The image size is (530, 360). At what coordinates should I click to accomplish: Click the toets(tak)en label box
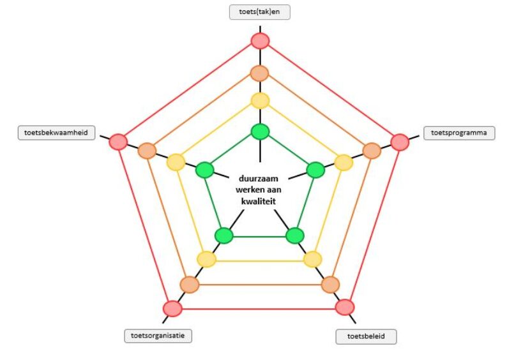[260, 13]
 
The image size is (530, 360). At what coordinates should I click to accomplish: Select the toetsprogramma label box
[459, 133]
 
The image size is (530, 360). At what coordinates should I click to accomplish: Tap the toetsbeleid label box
[366, 336]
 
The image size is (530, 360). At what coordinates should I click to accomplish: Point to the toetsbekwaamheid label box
[57, 133]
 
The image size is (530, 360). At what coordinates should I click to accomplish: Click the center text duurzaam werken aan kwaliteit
[260, 190]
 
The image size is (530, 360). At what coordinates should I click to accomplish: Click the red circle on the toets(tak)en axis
[260, 41]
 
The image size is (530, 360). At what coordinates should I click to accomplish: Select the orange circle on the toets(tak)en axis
[260, 73]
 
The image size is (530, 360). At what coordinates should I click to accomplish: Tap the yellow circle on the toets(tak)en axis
[260, 100]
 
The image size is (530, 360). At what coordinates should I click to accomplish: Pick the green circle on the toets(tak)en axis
[260, 132]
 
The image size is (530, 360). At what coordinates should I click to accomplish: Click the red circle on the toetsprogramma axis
[400, 142]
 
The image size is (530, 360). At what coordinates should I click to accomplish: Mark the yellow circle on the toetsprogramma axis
[344, 163]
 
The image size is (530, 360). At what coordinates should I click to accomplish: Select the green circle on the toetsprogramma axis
[315, 170]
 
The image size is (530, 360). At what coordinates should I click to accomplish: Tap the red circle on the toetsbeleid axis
[345, 307]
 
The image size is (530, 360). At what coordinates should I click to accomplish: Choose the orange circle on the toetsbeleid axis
[330, 285]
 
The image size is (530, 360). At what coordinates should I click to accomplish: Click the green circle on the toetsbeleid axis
[294, 236]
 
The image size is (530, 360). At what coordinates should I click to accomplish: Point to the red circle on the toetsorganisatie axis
[172, 308]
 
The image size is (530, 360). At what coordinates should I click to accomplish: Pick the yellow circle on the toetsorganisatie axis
[206, 259]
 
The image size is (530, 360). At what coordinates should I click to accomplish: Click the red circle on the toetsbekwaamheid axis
[118, 142]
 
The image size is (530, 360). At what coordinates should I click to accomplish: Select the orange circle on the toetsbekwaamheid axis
[148, 151]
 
